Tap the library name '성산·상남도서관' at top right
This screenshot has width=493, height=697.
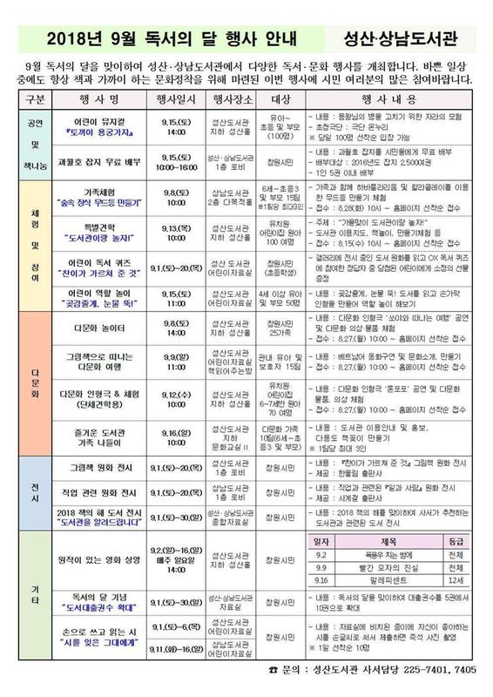[409, 40]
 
